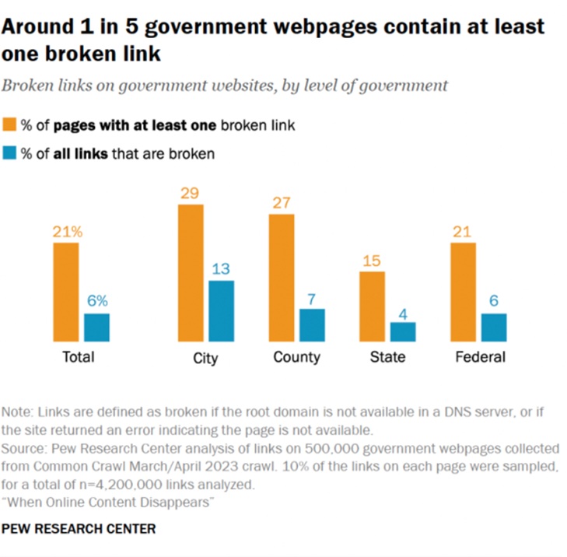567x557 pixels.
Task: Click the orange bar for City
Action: pos(191,273)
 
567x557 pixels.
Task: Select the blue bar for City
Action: pos(222,310)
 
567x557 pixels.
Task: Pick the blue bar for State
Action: pos(403,331)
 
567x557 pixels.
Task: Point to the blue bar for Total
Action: pos(96,327)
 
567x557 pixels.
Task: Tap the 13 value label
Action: pos(222,269)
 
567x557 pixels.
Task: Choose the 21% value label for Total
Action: pos(66,231)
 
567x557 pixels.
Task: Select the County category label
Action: pos(296,357)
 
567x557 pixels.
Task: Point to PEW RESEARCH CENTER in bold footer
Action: pos(79,529)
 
